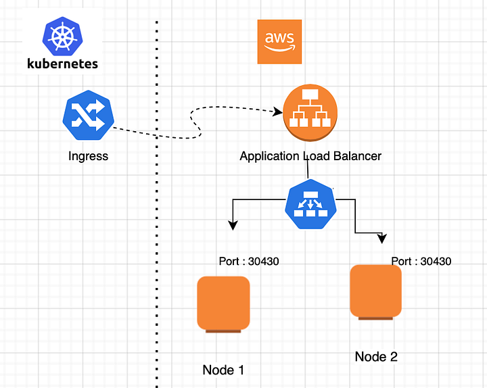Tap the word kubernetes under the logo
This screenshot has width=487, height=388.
(x=62, y=64)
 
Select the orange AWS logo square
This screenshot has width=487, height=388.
(x=279, y=42)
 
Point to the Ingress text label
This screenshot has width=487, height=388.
(x=88, y=156)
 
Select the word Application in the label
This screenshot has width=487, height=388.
(x=269, y=156)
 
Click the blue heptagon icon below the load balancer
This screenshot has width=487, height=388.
(x=310, y=204)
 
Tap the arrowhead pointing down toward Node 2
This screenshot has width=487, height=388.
(x=382, y=238)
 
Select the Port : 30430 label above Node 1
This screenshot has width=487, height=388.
(x=249, y=261)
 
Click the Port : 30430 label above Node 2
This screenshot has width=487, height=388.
(x=421, y=261)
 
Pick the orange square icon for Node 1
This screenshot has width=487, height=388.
(x=223, y=304)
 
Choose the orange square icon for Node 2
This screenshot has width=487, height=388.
(x=376, y=292)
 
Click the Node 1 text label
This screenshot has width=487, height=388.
(x=223, y=370)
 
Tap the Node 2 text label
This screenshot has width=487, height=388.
(x=376, y=356)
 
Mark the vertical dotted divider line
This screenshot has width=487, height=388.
(x=158, y=203)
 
